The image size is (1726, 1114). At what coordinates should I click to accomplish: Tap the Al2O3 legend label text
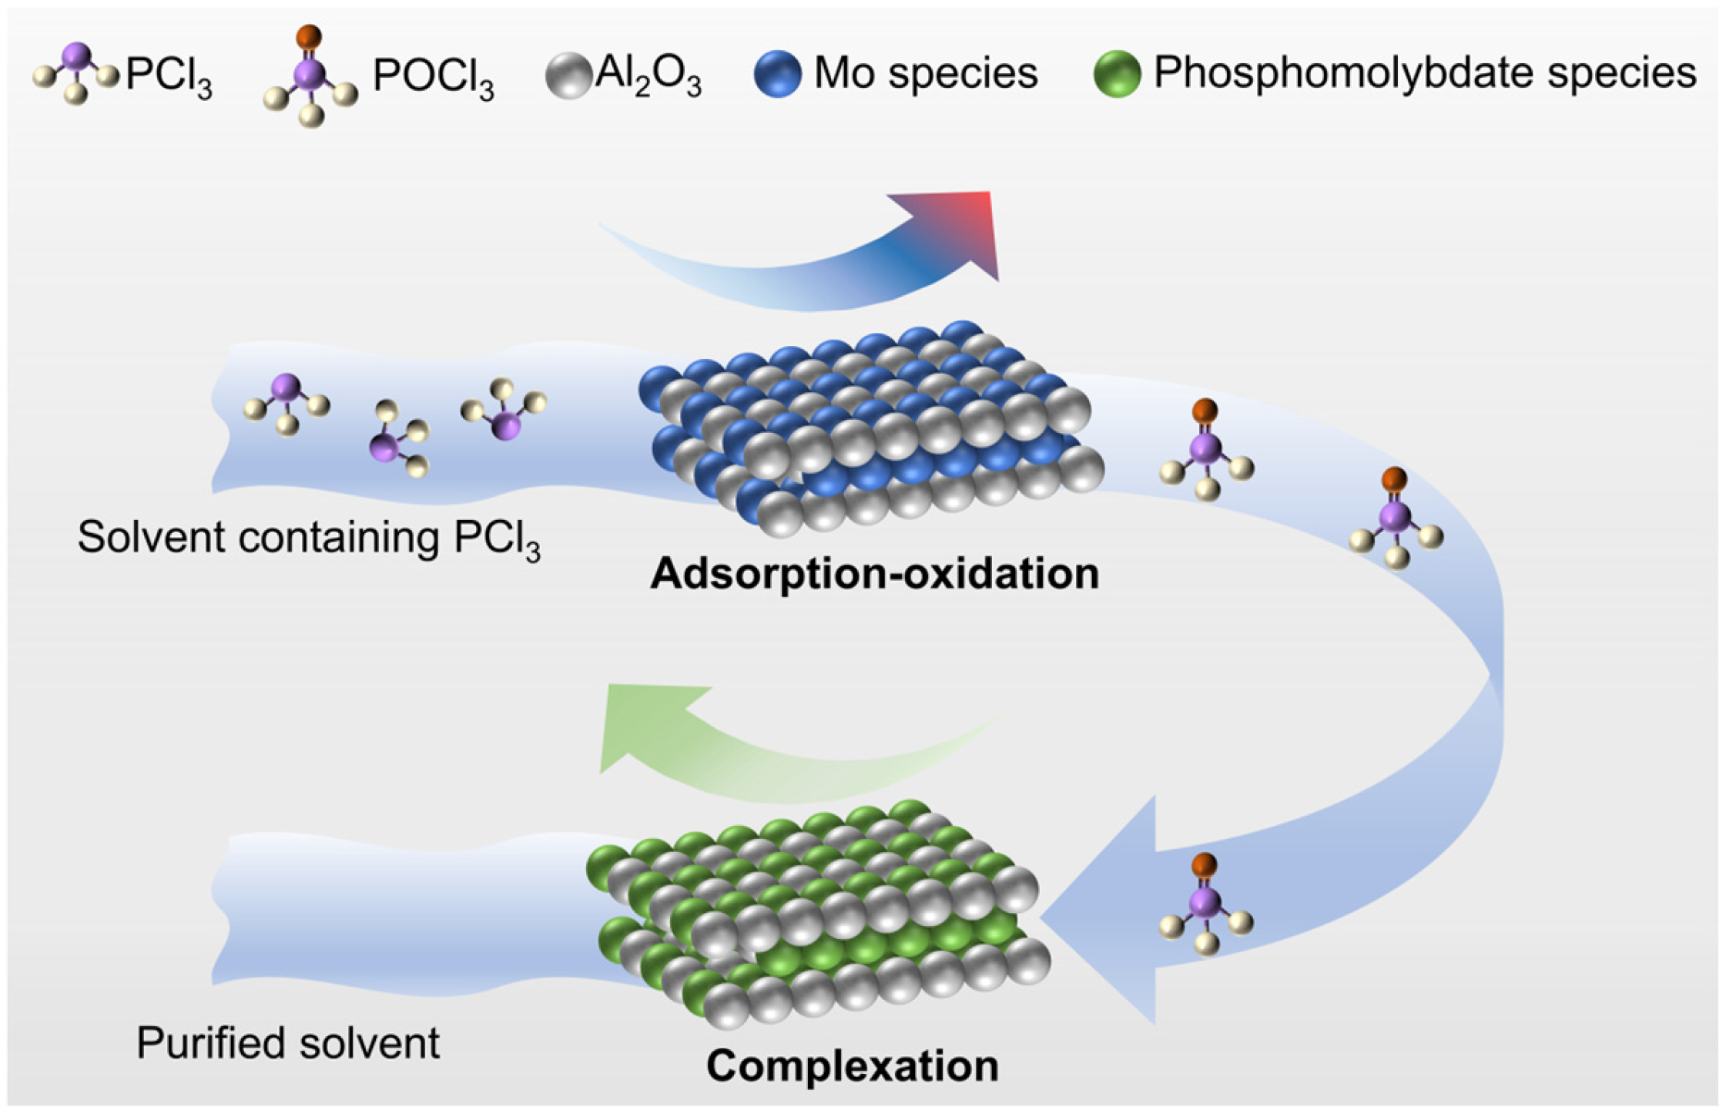point(648,75)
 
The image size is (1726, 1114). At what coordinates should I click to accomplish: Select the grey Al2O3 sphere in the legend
point(568,75)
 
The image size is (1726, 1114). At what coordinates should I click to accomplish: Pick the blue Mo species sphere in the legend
point(778,74)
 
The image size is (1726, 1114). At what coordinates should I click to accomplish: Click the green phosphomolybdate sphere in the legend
point(1117,74)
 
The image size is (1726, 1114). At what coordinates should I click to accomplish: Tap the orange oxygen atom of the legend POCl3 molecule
point(309,35)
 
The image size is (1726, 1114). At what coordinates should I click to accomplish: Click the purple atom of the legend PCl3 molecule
point(76,55)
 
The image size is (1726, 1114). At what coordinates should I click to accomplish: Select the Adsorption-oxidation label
point(875,574)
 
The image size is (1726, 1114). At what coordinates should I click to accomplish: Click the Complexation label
point(852,1067)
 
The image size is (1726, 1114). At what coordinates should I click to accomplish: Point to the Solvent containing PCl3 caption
point(308,538)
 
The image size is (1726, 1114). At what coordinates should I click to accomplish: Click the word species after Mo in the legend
point(981,74)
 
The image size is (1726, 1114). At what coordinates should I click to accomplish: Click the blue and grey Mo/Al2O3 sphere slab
point(870,428)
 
